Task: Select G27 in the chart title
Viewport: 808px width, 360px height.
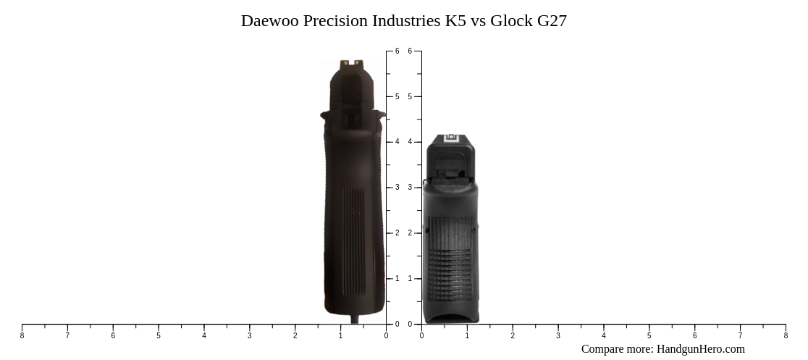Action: pyautogui.click(x=552, y=21)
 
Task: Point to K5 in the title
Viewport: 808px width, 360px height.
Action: pyautogui.click(x=455, y=21)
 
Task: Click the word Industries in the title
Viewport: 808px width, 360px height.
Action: pyautogui.click(x=406, y=21)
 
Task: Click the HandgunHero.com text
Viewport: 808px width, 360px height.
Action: pyautogui.click(x=700, y=349)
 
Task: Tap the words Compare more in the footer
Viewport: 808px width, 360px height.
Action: pyautogui.click(x=616, y=349)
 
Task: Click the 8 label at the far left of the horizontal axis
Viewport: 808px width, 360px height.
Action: pyautogui.click(x=22, y=335)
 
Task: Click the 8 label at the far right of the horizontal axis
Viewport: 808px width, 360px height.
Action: pyautogui.click(x=786, y=335)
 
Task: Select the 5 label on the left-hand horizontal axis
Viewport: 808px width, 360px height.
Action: pyautogui.click(x=159, y=335)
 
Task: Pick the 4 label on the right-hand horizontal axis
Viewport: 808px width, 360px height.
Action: pyautogui.click(x=604, y=335)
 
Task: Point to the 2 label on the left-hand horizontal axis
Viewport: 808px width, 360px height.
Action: pyautogui.click(x=295, y=335)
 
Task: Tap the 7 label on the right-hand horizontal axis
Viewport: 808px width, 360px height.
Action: pyautogui.click(x=740, y=335)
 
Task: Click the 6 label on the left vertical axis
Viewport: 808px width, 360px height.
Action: pyautogui.click(x=397, y=51)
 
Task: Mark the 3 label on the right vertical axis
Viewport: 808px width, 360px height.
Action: pyautogui.click(x=410, y=188)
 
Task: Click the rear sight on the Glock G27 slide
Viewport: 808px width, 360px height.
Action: pyautogui.click(x=450, y=138)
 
